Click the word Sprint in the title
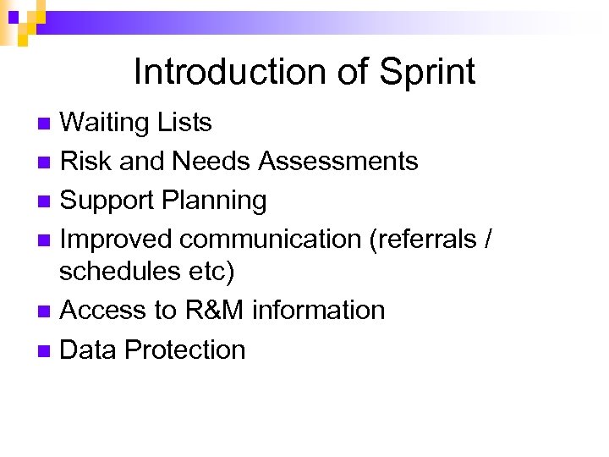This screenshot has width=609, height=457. (427, 73)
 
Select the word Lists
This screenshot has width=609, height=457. (184, 123)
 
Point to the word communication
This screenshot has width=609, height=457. (271, 240)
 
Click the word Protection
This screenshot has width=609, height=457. (184, 350)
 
